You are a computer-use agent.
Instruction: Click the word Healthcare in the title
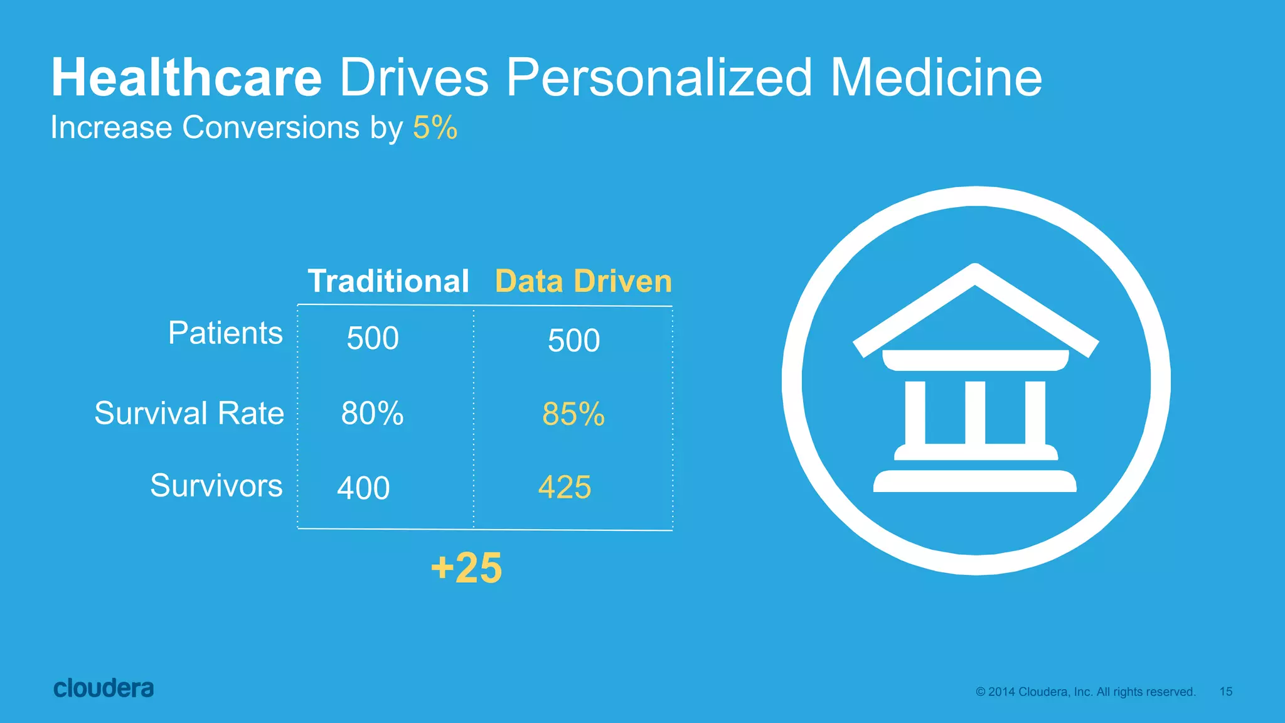pyautogui.click(x=186, y=78)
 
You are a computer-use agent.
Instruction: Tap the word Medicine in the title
pyautogui.click(x=936, y=78)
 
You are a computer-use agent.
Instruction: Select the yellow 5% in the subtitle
pyautogui.click(x=435, y=127)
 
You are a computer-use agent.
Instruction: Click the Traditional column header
pyautogui.click(x=388, y=281)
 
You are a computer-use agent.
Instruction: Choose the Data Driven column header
pyautogui.click(x=584, y=281)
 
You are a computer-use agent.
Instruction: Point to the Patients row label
pyautogui.click(x=225, y=333)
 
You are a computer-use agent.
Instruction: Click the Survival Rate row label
pyautogui.click(x=189, y=413)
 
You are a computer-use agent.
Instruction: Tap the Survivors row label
pyautogui.click(x=216, y=486)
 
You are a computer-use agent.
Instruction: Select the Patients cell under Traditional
pyautogui.click(x=373, y=338)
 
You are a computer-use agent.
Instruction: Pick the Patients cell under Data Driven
pyautogui.click(x=573, y=341)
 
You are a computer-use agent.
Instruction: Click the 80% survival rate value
pyautogui.click(x=372, y=414)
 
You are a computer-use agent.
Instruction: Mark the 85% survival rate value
pyautogui.click(x=573, y=414)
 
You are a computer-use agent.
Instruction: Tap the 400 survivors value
pyautogui.click(x=363, y=488)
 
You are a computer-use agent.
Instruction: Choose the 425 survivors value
pyautogui.click(x=565, y=487)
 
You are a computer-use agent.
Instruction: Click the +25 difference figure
pyautogui.click(x=467, y=568)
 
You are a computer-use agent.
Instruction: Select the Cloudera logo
pyautogui.click(x=104, y=688)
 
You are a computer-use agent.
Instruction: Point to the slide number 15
pyautogui.click(x=1226, y=692)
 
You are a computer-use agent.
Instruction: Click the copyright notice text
pyautogui.click(x=1085, y=692)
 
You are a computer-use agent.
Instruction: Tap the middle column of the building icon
pyautogui.click(x=975, y=412)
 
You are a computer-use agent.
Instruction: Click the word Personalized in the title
pyautogui.click(x=659, y=78)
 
